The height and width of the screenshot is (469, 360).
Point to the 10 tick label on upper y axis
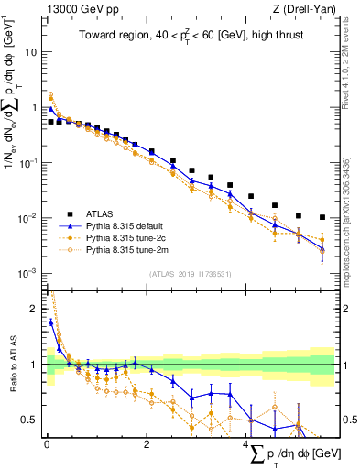(x=32, y=52)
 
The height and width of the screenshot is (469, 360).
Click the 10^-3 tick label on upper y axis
(x=28, y=274)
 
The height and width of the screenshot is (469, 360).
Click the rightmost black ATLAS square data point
(x=322, y=218)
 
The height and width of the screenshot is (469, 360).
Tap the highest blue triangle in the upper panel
(x=50, y=108)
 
